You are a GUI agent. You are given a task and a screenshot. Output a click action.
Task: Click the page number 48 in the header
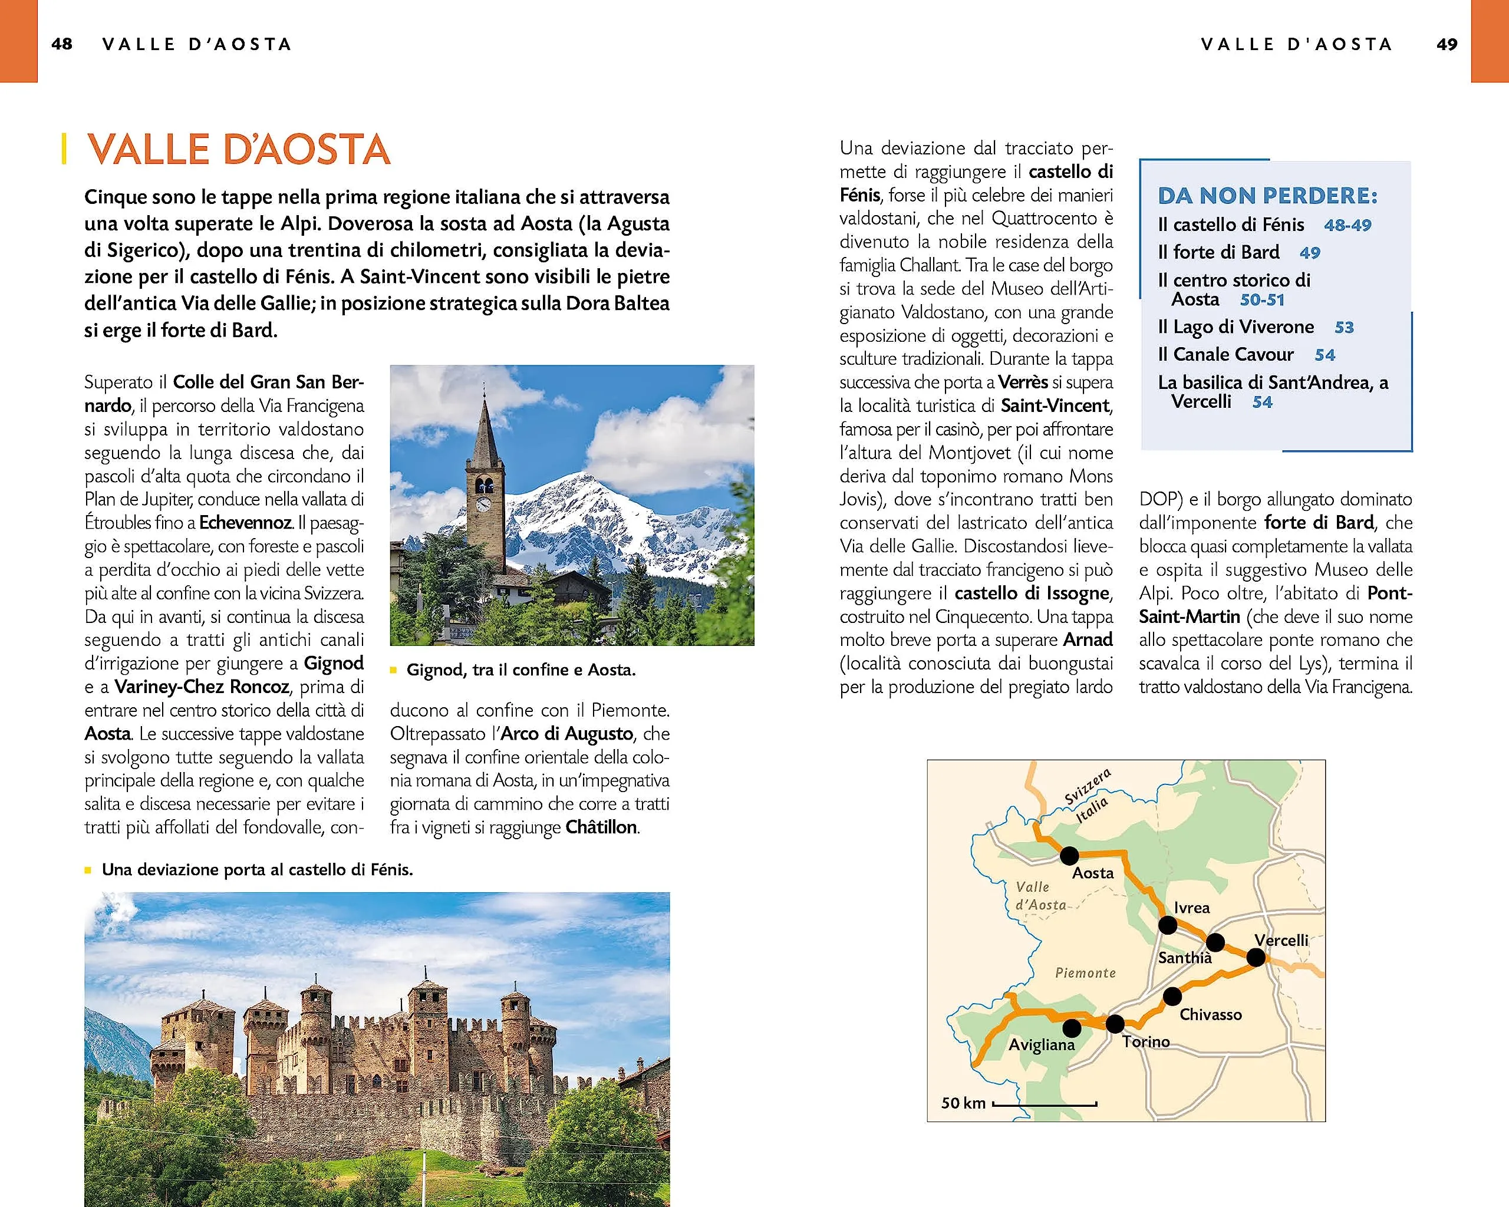[x=61, y=44]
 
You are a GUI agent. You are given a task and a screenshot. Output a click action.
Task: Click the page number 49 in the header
[x=1447, y=44]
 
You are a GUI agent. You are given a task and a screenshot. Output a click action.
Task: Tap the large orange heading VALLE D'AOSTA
[x=239, y=149]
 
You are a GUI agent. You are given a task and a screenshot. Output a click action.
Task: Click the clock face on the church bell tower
[x=483, y=504]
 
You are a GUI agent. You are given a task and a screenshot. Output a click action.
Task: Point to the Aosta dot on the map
[x=1069, y=855]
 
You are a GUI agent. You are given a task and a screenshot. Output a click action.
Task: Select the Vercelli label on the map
[x=1281, y=939]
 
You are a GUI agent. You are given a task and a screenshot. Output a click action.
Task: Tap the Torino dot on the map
[x=1115, y=1024]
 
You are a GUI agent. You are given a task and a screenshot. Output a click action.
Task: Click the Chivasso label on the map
[x=1211, y=1014]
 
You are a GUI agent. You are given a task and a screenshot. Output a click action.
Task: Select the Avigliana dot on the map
[x=1072, y=1028]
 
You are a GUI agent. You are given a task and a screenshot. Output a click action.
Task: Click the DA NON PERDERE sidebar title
[x=1267, y=195]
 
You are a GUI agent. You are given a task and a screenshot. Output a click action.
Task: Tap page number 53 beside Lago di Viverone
[x=1344, y=328]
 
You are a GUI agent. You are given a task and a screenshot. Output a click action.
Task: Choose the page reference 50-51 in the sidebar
[x=1262, y=300]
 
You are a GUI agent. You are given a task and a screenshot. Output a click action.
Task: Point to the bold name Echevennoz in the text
[x=245, y=523]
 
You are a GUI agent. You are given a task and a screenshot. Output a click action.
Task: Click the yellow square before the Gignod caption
[x=393, y=670]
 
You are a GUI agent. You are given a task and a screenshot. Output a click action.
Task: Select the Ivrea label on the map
[x=1191, y=908]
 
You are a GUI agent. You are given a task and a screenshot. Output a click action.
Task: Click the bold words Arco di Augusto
[x=567, y=733]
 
